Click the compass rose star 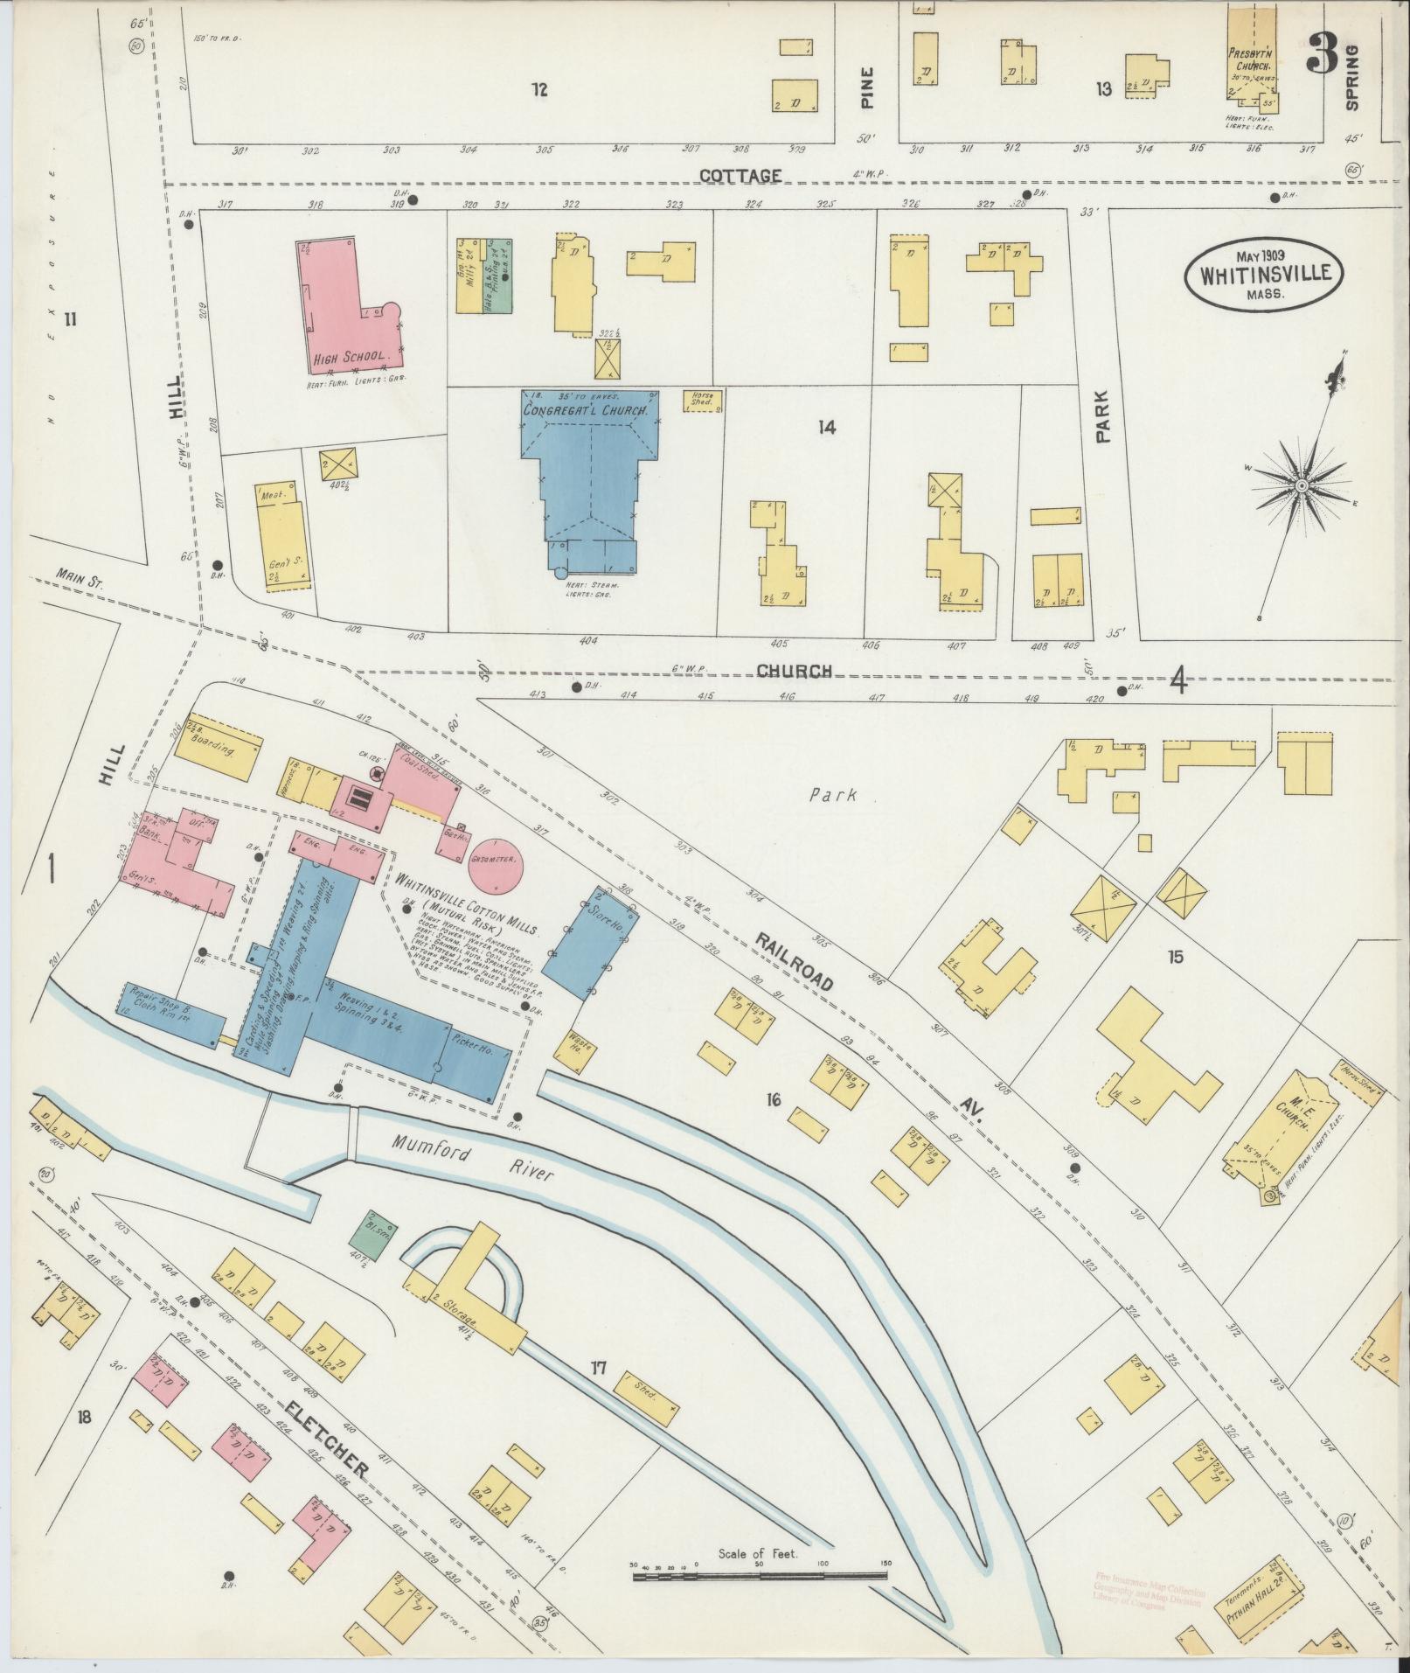(x=1302, y=485)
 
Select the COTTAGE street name (x=740, y=176)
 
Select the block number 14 (x=827, y=428)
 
